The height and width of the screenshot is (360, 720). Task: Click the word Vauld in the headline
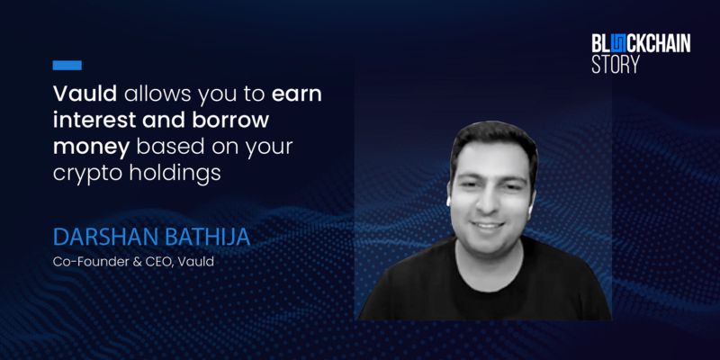[85, 94]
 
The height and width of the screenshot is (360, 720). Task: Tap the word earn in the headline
[297, 94]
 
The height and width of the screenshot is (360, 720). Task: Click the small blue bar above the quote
[67, 65]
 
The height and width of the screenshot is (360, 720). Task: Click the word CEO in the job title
[163, 263]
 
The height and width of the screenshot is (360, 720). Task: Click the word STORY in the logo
[615, 64]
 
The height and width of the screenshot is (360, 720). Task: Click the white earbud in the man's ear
[448, 202]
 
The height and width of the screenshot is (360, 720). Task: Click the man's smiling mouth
[489, 226]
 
